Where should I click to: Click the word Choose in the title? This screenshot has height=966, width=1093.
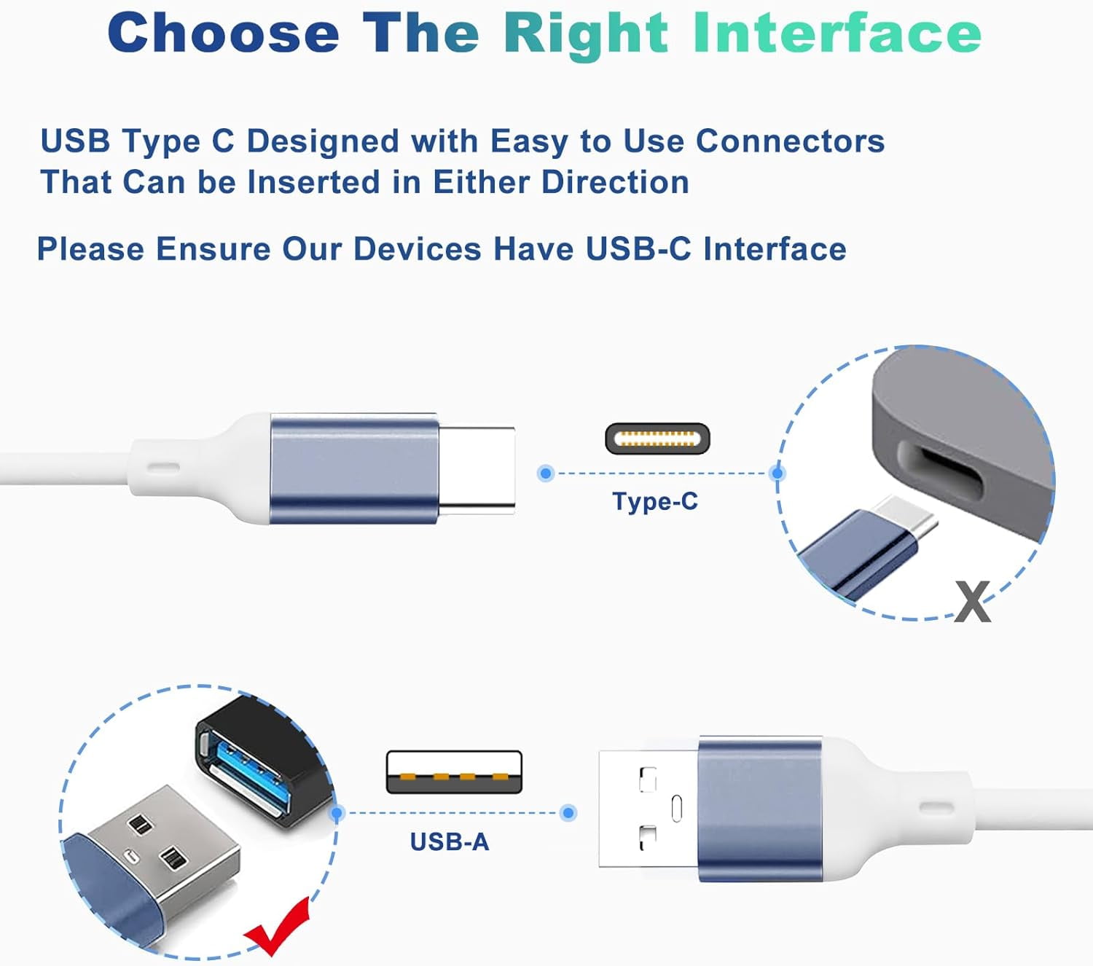(224, 34)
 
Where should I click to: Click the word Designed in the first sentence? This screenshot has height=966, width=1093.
(323, 141)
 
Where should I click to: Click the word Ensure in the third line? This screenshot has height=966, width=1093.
(213, 249)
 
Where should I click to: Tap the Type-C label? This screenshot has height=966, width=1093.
(654, 501)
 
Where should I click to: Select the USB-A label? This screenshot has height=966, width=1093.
(449, 841)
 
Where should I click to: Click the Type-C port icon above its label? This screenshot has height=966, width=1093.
(657, 439)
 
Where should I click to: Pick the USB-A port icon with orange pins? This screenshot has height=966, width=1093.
(454, 772)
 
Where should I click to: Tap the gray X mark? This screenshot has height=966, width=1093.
(973, 602)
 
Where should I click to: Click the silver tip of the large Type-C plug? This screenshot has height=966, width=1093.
(477, 470)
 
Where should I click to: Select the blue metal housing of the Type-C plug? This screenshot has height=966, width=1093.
(354, 468)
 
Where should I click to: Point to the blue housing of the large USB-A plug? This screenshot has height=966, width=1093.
(759, 809)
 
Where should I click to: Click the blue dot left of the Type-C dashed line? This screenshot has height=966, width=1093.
(546, 474)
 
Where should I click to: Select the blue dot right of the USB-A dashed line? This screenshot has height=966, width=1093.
(568, 812)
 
